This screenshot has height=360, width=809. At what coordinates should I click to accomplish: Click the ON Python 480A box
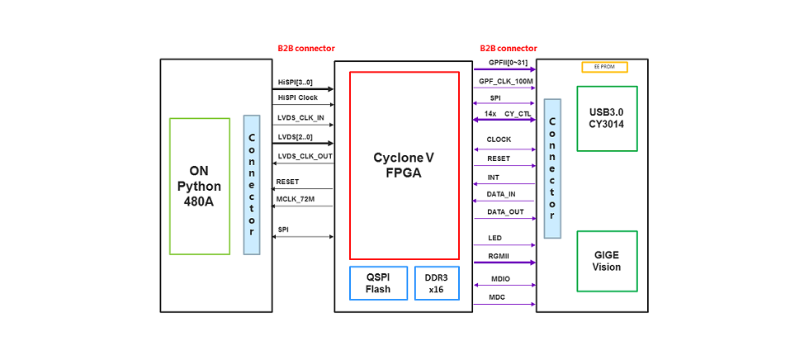(x=200, y=186)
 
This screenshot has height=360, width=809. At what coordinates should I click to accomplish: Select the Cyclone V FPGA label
(x=404, y=165)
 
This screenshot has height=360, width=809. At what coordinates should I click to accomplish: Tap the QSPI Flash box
(x=378, y=283)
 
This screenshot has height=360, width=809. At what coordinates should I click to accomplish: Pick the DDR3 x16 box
(x=436, y=283)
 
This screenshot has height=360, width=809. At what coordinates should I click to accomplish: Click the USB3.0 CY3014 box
(x=607, y=118)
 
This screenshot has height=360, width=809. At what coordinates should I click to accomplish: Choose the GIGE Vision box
(x=607, y=261)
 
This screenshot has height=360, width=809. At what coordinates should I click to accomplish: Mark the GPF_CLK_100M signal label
(x=505, y=82)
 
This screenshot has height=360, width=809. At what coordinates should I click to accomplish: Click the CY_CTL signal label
(x=518, y=113)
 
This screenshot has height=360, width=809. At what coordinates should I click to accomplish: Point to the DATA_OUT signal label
(x=505, y=212)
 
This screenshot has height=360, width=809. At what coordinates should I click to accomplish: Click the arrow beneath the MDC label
(x=504, y=305)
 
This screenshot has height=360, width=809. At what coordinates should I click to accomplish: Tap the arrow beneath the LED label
(x=504, y=245)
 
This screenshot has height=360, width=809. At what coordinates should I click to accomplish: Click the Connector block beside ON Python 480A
(x=252, y=184)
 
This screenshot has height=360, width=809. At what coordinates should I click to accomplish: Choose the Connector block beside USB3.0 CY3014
(x=552, y=169)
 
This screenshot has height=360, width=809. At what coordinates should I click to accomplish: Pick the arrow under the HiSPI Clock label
(x=303, y=105)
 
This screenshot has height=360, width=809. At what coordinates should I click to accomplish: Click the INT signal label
(x=494, y=177)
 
